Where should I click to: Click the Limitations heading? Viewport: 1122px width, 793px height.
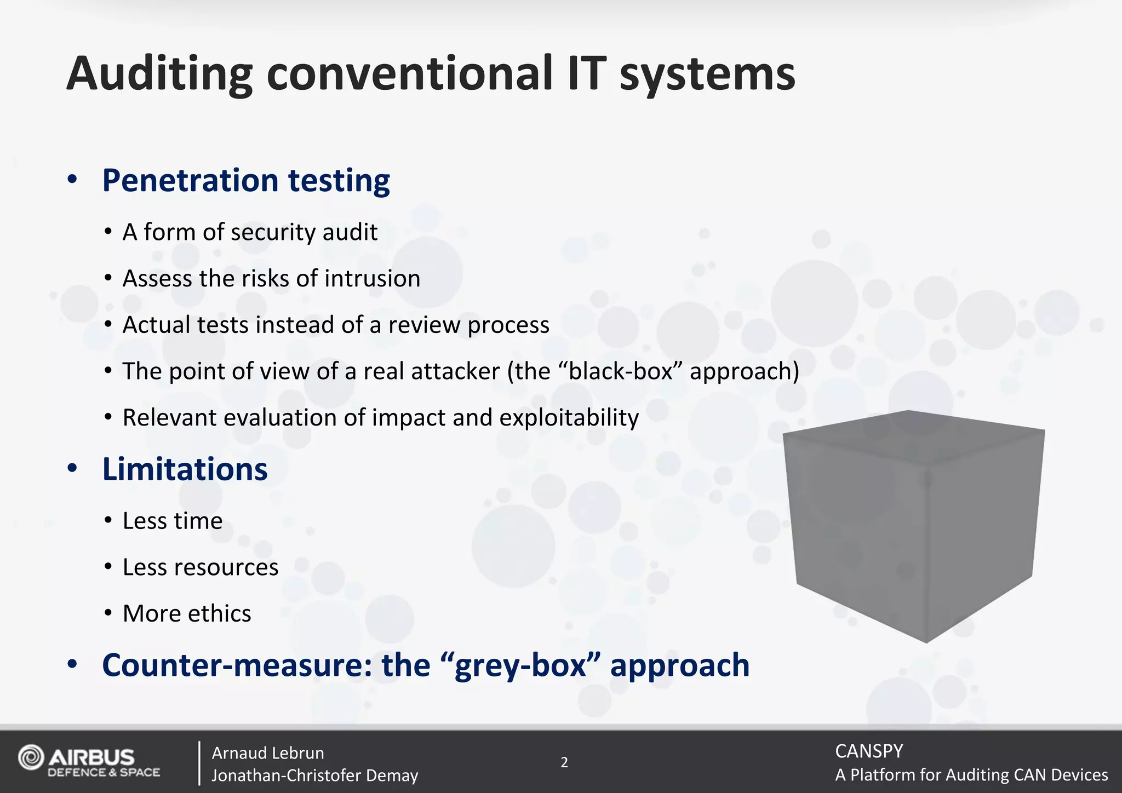185,469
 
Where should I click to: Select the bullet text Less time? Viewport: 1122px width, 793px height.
173,521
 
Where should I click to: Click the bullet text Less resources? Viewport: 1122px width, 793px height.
201,567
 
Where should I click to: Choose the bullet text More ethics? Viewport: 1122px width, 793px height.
187,613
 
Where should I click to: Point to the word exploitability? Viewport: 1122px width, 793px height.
569,418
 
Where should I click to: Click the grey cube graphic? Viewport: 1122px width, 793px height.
914,526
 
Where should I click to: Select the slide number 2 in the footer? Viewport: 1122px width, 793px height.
564,762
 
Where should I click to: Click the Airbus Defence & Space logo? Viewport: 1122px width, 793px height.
89,761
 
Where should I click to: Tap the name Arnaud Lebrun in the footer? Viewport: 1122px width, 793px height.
268,753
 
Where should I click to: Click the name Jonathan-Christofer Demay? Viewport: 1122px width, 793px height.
314,775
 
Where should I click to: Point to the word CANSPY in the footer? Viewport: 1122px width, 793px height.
869,751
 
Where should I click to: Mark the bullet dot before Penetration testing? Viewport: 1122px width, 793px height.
72,180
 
